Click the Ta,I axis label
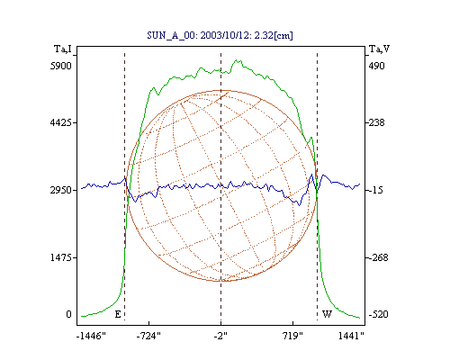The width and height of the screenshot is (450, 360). (63, 49)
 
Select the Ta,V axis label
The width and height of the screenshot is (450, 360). (379, 49)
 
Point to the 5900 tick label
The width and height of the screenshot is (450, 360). (61, 66)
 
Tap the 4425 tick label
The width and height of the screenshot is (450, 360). (61, 122)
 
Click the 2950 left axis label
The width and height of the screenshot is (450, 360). (61, 190)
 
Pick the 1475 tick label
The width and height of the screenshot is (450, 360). (61, 257)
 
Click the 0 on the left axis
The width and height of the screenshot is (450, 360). (68, 314)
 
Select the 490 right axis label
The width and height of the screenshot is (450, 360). (376, 66)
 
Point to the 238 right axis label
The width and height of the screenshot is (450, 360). (376, 122)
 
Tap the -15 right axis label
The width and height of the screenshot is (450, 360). (376, 190)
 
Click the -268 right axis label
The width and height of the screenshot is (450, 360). (378, 257)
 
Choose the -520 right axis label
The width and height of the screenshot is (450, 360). (378, 314)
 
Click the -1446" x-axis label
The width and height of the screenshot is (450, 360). (91, 337)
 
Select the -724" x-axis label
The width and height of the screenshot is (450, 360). (148, 337)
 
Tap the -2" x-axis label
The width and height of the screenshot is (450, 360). (220, 337)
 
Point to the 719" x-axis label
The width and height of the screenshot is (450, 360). (292, 337)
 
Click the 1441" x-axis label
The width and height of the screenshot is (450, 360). (351, 337)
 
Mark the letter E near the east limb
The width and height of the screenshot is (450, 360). (118, 314)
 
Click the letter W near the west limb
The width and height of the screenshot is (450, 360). (327, 314)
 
